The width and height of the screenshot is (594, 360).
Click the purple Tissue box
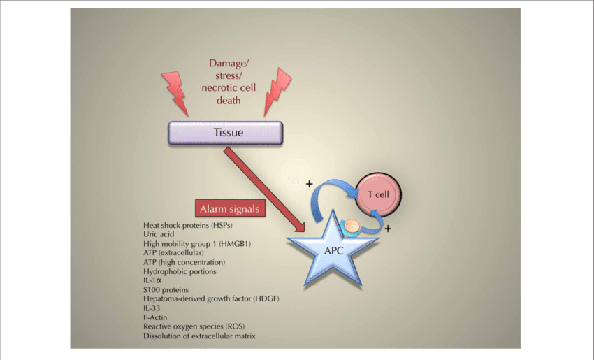click(x=226, y=132)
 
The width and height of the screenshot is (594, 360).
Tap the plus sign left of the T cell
click(x=309, y=184)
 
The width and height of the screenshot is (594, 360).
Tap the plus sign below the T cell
click(x=388, y=228)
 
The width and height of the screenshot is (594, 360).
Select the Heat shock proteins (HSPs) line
click(x=187, y=226)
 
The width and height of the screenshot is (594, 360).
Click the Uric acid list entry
click(x=159, y=235)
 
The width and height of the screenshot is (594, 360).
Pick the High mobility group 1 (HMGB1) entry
click(x=196, y=244)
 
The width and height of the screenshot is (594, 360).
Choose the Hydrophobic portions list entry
click(x=180, y=271)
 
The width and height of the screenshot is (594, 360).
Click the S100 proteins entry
click(x=166, y=289)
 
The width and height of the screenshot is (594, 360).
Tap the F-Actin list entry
click(x=155, y=317)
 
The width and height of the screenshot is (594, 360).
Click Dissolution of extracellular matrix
click(x=199, y=336)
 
